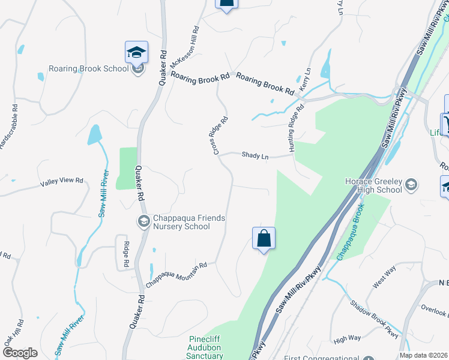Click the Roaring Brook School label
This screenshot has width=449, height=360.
click(x=89, y=68)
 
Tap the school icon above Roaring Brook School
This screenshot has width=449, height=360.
click(x=137, y=52)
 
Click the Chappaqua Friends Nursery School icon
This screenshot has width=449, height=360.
click(x=143, y=222)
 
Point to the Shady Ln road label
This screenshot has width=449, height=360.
click(x=255, y=155)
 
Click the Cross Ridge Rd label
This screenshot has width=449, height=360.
click(x=221, y=135)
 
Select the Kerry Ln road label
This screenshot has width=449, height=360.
click(x=304, y=78)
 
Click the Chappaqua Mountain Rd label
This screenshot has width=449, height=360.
click(x=177, y=273)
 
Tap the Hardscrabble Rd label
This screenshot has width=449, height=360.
click(x=8, y=128)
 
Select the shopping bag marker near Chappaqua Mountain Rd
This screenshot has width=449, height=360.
click(x=264, y=239)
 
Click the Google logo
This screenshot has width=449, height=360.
click(x=19, y=353)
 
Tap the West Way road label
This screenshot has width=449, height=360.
click(x=384, y=278)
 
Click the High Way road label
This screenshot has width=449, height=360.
click(x=347, y=338)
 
